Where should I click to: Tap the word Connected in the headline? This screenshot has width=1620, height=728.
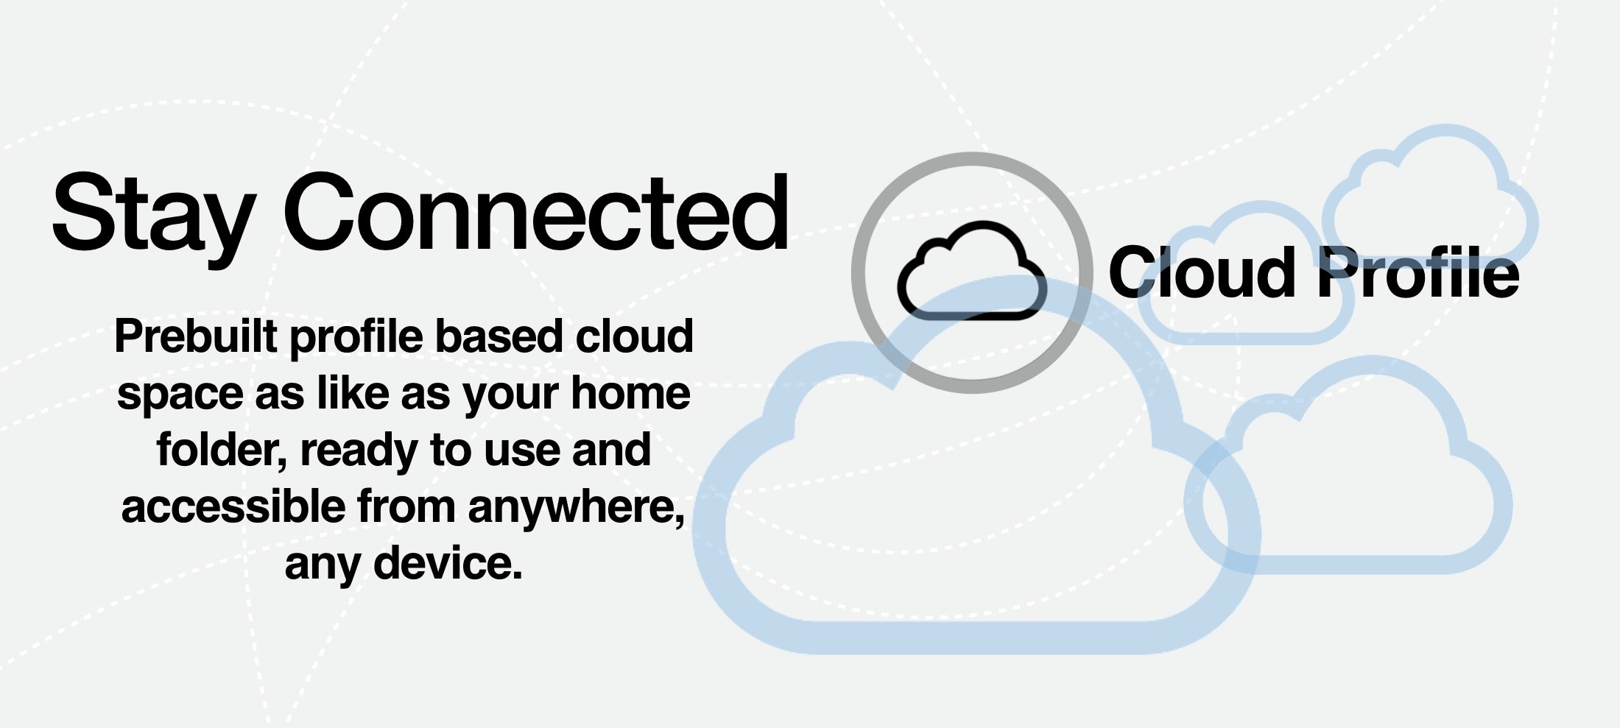536,213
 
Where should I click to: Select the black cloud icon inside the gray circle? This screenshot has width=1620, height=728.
971,272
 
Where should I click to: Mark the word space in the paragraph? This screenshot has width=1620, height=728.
180,395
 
